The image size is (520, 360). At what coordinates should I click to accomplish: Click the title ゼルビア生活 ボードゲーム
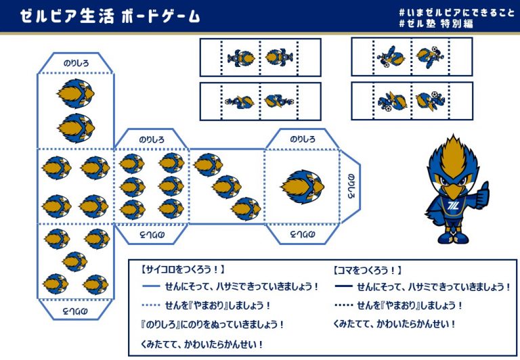110,16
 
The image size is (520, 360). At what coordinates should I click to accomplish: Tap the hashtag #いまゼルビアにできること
456,13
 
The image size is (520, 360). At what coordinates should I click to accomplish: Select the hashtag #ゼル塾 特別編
436,24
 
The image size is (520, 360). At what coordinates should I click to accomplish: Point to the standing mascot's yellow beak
454,191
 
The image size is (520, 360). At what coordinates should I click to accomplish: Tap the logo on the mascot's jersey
453,206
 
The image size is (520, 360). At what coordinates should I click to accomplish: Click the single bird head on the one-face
302,187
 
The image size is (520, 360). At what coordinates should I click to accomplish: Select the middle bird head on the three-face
227,187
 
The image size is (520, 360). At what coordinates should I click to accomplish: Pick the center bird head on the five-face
75,262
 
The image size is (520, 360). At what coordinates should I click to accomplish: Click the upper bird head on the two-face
76,93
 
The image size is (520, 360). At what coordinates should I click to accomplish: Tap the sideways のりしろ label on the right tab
351,186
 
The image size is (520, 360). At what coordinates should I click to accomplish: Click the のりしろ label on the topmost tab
77,63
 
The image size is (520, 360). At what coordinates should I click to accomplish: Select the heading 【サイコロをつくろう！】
182,269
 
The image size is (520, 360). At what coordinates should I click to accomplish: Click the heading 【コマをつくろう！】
367,271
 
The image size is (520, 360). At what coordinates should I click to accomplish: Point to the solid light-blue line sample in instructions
151,286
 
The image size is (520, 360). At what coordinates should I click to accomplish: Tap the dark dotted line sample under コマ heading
343,305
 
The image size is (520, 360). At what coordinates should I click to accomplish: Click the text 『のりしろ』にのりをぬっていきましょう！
212,325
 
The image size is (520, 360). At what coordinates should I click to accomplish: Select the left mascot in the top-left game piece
241,58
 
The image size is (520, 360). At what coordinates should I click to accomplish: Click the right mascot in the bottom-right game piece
430,100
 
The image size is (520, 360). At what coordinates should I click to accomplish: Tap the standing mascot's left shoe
446,238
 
